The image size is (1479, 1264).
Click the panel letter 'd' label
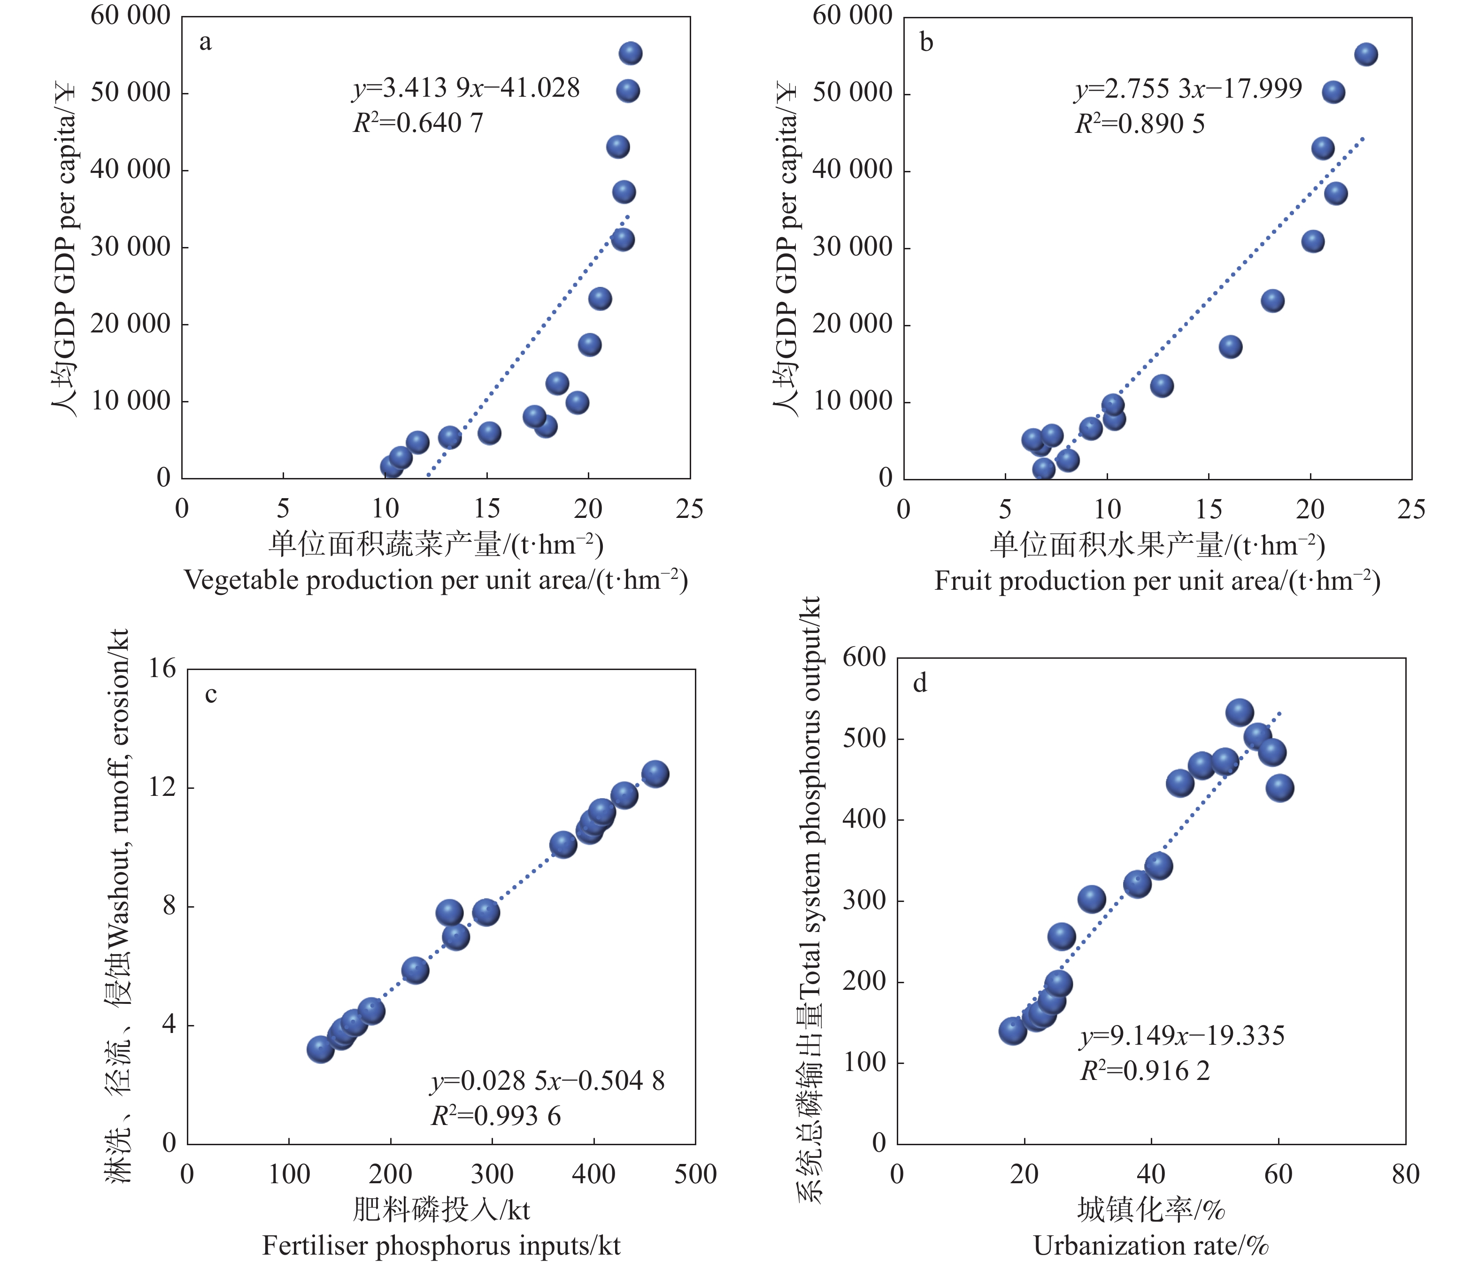click(920, 683)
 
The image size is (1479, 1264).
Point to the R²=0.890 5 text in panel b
click(1140, 124)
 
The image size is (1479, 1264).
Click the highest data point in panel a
click(630, 54)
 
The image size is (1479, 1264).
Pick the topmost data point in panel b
click(1365, 55)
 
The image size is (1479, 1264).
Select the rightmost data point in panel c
click(655, 774)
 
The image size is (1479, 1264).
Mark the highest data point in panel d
click(1240, 712)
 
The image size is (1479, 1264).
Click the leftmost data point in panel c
click(321, 1049)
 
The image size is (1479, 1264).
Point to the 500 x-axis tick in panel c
click(695, 1174)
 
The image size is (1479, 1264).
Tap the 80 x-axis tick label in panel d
click(1405, 1174)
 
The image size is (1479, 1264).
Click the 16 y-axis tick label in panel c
click(163, 669)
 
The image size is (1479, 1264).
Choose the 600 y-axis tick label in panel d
click(864, 657)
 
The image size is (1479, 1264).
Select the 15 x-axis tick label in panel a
click(487, 509)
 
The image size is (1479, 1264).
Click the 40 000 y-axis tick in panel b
click(852, 170)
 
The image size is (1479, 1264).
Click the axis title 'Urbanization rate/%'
click(1151, 1245)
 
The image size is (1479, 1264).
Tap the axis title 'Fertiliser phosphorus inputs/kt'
click(441, 1245)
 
